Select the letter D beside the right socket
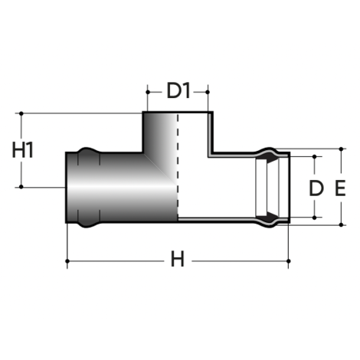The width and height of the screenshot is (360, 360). (x=314, y=187)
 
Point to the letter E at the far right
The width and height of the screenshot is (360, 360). (x=341, y=187)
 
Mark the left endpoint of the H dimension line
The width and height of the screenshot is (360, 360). (x=68, y=261)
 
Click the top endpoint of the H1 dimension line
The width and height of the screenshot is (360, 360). (x=24, y=114)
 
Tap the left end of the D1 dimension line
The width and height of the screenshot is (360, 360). (x=145, y=91)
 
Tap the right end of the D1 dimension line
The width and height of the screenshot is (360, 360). (x=209, y=91)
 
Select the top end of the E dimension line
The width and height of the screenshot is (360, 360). (x=341, y=148)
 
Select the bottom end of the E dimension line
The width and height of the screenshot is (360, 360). (x=341, y=226)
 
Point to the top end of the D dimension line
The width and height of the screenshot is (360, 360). (x=314, y=156)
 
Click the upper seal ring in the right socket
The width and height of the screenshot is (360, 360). (x=270, y=158)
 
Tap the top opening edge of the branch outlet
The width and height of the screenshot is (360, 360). (x=177, y=114)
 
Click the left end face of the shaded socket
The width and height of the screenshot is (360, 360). (x=67, y=188)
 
